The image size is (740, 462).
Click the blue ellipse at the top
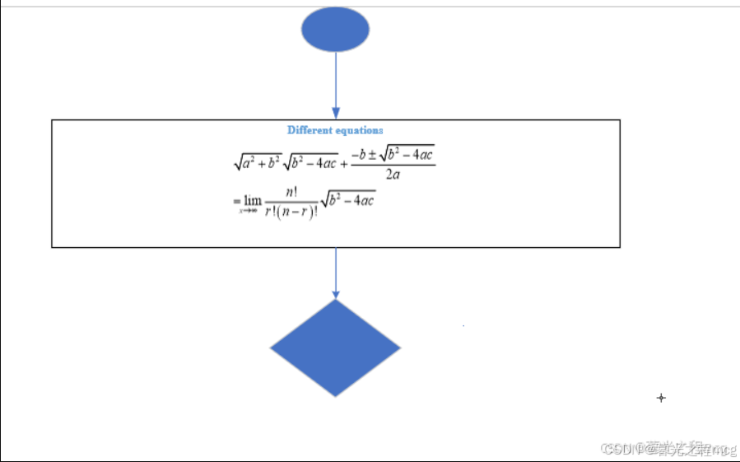pos(335,30)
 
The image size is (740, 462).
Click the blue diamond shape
pos(335,348)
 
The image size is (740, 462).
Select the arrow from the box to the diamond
pos(335,270)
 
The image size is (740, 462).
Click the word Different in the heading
pos(309,130)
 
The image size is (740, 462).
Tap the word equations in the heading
pos(359,130)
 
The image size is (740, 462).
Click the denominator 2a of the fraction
pos(393,175)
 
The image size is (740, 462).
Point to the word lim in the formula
pos(253,200)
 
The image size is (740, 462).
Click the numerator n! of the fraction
pos(291,192)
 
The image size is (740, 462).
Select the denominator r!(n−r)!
pos(291,212)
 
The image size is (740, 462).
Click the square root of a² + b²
pos(257,162)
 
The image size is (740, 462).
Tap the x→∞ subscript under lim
pos(249,211)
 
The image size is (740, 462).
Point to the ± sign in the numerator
pos(372,154)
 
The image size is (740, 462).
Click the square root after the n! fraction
pos(347,199)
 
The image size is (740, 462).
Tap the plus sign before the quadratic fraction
pos(344,163)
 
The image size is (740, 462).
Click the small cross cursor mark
pos(660,398)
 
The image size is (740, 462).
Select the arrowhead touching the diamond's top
pos(335,294)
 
